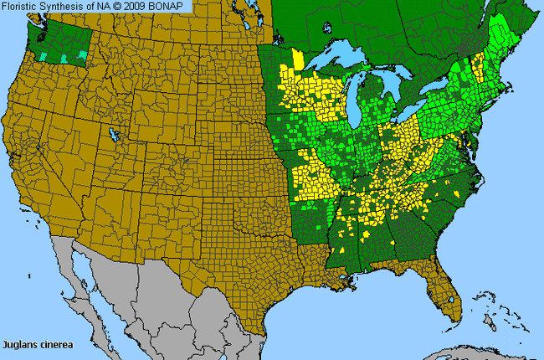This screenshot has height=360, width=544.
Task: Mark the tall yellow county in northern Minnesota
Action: [298, 60]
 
